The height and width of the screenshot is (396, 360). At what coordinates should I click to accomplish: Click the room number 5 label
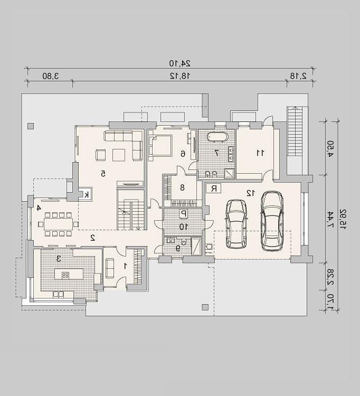tap(103, 174)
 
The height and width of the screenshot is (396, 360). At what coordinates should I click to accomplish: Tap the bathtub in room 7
tap(217, 137)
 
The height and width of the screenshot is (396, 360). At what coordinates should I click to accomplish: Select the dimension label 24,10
tap(180, 63)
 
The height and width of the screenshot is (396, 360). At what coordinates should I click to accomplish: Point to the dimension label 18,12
tap(180, 76)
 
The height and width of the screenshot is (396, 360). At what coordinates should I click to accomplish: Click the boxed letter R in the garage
tap(214, 188)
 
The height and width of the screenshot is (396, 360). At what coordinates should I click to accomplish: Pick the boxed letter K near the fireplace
tap(87, 194)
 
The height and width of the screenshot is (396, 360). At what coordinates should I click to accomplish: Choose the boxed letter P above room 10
tap(184, 214)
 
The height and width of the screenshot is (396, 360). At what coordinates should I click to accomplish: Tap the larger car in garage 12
tap(272, 221)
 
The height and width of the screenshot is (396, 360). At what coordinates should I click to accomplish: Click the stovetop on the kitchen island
tap(65, 275)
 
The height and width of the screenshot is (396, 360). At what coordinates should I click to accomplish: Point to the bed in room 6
tap(160, 146)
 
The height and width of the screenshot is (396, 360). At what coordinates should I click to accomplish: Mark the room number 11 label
tap(260, 153)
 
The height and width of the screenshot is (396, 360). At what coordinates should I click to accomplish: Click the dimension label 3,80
tap(51, 76)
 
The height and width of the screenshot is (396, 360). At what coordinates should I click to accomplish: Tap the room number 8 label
tap(182, 187)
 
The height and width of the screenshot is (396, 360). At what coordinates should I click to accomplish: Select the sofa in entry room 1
tap(109, 268)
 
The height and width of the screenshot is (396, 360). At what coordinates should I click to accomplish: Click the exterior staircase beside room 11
tap(295, 131)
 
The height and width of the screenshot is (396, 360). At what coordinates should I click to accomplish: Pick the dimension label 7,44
tap(330, 219)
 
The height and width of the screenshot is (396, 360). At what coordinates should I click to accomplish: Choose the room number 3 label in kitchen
tap(59, 259)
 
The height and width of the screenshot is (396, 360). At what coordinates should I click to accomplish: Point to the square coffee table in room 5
tap(119, 155)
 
